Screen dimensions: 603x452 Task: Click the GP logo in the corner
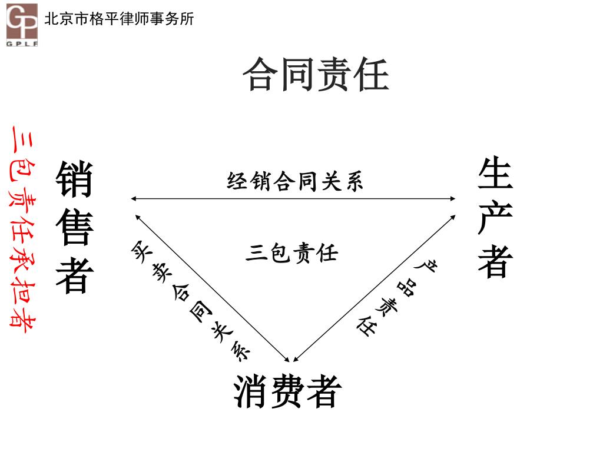(22, 22)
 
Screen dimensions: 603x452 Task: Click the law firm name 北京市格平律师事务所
(119, 19)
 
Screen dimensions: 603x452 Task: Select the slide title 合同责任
(316, 74)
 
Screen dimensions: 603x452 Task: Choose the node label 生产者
(495, 218)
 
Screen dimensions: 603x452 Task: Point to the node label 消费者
(288, 391)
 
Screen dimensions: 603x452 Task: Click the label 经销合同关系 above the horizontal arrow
(295, 181)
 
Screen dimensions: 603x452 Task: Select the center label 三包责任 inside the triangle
(291, 253)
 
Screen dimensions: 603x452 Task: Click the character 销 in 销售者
(75, 180)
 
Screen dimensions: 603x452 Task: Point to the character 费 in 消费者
(288, 391)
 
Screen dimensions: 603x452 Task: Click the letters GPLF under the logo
(22, 43)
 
